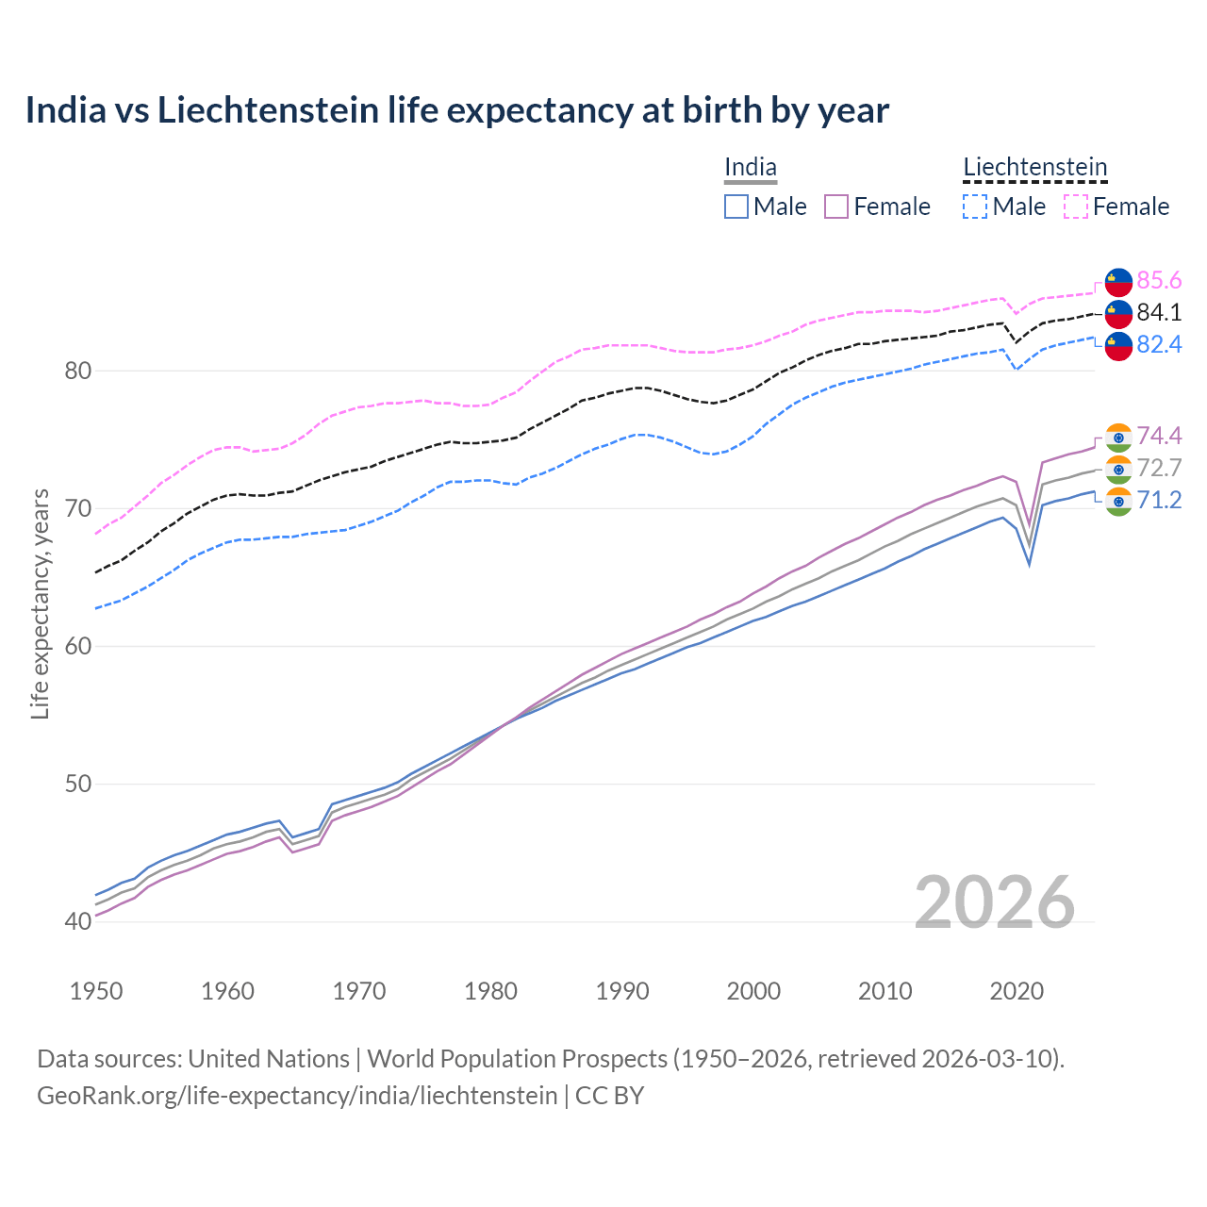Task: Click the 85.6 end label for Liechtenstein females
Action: click(1159, 281)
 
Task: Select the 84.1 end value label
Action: click(1159, 313)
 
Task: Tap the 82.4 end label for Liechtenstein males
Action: click(1159, 345)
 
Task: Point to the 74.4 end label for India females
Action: click(1159, 436)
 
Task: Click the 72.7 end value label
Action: click(1159, 469)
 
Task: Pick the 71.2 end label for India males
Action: click(1159, 501)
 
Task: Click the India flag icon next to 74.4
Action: click(1118, 437)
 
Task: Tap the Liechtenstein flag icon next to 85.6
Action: click(1118, 282)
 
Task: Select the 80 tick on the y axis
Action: click(78, 372)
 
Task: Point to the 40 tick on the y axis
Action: click(78, 922)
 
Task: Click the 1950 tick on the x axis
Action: click(96, 991)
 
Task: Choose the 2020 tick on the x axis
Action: click(1017, 991)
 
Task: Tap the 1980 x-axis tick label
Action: click(490, 991)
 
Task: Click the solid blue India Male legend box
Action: click(736, 207)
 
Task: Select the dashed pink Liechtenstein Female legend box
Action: click(1076, 207)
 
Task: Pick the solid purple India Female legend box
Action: click(836, 207)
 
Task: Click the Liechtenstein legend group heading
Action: click(1034, 168)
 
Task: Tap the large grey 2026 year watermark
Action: click(995, 902)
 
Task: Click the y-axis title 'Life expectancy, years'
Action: click(41, 603)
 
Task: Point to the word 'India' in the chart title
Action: click(65, 110)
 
